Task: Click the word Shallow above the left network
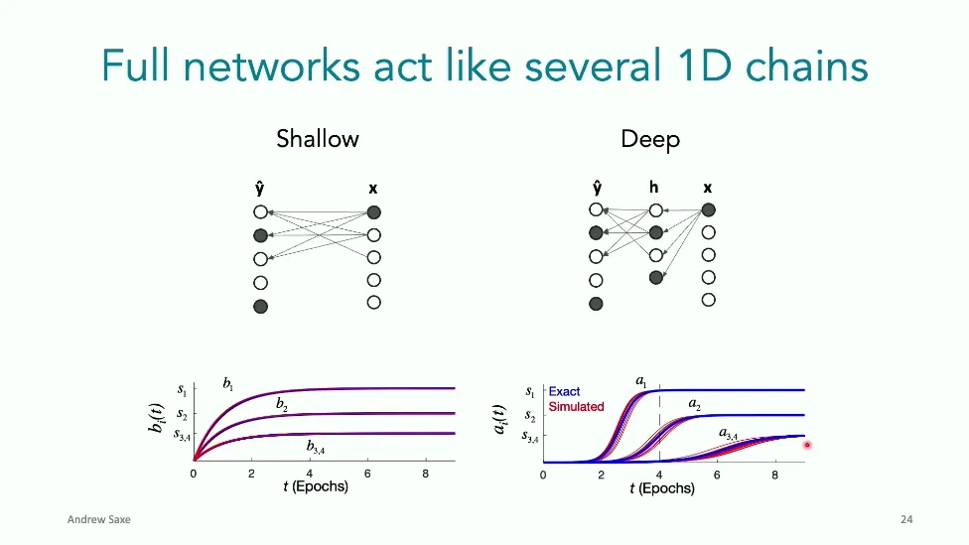(318, 138)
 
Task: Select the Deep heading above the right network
(650, 138)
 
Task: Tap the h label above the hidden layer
(655, 188)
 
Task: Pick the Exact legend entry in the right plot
(564, 392)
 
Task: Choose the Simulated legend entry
(576, 407)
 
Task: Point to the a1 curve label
(641, 381)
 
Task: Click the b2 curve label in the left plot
(282, 404)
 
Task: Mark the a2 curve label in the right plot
(695, 405)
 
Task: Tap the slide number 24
(905, 519)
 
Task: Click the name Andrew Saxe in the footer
(98, 519)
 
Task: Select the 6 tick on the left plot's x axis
(367, 475)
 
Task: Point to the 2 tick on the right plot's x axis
(602, 476)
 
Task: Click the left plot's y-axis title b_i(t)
(155, 418)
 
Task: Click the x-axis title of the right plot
(662, 489)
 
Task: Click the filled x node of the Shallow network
(373, 212)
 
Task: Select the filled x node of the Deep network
(708, 209)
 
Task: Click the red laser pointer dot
(807, 445)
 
